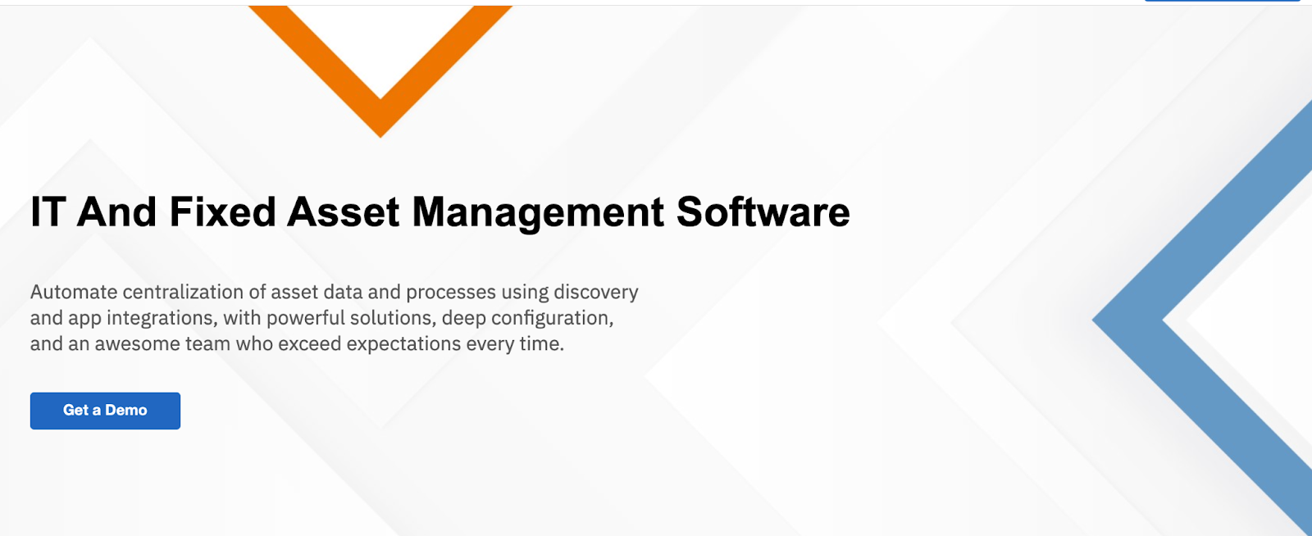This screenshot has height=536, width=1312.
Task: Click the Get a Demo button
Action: [x=105, y=411]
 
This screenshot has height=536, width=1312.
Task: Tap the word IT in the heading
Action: [x=48, y=212]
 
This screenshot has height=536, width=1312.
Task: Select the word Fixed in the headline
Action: [x=222, y=212]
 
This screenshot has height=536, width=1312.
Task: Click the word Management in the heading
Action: [x=538, y=213]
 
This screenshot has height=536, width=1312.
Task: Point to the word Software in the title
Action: [x=763, y=212]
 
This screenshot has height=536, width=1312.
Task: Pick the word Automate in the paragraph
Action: [x=74, y=293]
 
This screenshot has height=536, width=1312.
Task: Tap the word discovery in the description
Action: [x=595, y=293]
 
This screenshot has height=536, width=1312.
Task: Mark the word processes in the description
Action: [x=451, y=293]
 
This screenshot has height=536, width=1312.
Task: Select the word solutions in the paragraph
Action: [x=393, y=318]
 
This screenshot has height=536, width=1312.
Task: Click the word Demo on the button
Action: [x=126, y=411]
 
